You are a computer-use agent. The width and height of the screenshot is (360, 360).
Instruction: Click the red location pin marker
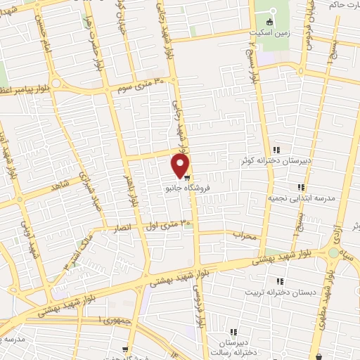pyautogui.click(x=181, y=166)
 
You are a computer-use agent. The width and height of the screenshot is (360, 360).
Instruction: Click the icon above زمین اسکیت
pyautogui.click(x=269, y=22)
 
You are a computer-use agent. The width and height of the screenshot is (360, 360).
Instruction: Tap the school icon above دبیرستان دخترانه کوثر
pyautogui.click(x=277, y=150)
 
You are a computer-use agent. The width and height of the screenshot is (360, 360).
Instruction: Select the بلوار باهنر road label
pyautogui.click(x=131, y=186)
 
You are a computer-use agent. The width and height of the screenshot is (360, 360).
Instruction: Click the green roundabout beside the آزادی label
pyautogui.click(x=333, y=252)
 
